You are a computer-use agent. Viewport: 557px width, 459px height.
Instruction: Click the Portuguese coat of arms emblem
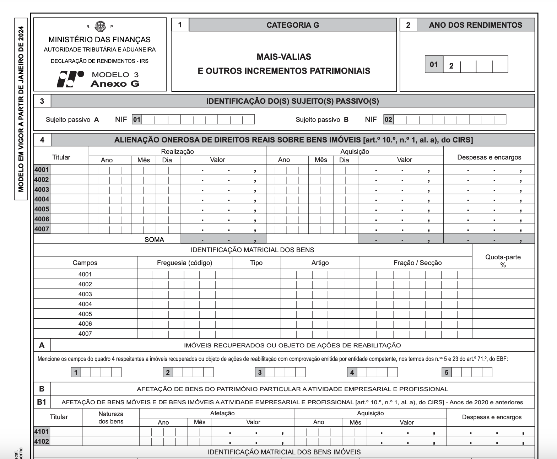coord(100,26)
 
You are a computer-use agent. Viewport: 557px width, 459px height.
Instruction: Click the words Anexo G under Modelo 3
coord(115,84)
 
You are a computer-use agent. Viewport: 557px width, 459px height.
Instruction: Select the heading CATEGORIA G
coord(292,25)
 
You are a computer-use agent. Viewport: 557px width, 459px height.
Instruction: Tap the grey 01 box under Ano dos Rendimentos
coord(434,65)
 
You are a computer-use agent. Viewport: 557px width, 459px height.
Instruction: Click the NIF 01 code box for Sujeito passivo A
coord(137,120)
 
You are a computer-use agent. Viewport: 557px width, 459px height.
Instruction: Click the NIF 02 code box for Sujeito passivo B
coord(388,120)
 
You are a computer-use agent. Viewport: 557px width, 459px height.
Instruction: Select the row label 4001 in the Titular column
coord(42,170)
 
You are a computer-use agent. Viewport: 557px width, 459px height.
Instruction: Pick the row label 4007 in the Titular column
coord(42,229)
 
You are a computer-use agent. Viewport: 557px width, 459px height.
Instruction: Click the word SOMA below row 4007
coord(154,239)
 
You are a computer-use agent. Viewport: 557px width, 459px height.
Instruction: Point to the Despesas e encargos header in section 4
coord(489,157)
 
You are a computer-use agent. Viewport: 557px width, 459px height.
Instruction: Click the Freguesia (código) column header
coord(184,263)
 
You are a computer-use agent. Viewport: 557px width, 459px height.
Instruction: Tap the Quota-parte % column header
coord(503,261)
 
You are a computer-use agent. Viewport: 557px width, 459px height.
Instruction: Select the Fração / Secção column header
coord(417,263)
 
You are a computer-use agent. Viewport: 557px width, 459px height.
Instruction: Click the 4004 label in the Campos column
coord(85,304)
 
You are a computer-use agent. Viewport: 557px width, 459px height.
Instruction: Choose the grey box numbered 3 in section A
coord(260,372)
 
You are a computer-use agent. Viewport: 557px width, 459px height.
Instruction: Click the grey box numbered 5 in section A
coord(447,372)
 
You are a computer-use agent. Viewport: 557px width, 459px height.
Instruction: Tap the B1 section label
coord(42,402)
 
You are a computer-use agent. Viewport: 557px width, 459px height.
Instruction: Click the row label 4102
coord(42,441)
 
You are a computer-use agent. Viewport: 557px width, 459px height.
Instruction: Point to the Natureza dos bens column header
coord(111,418)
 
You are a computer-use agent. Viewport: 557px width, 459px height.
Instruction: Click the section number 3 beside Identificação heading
coord(42,101)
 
